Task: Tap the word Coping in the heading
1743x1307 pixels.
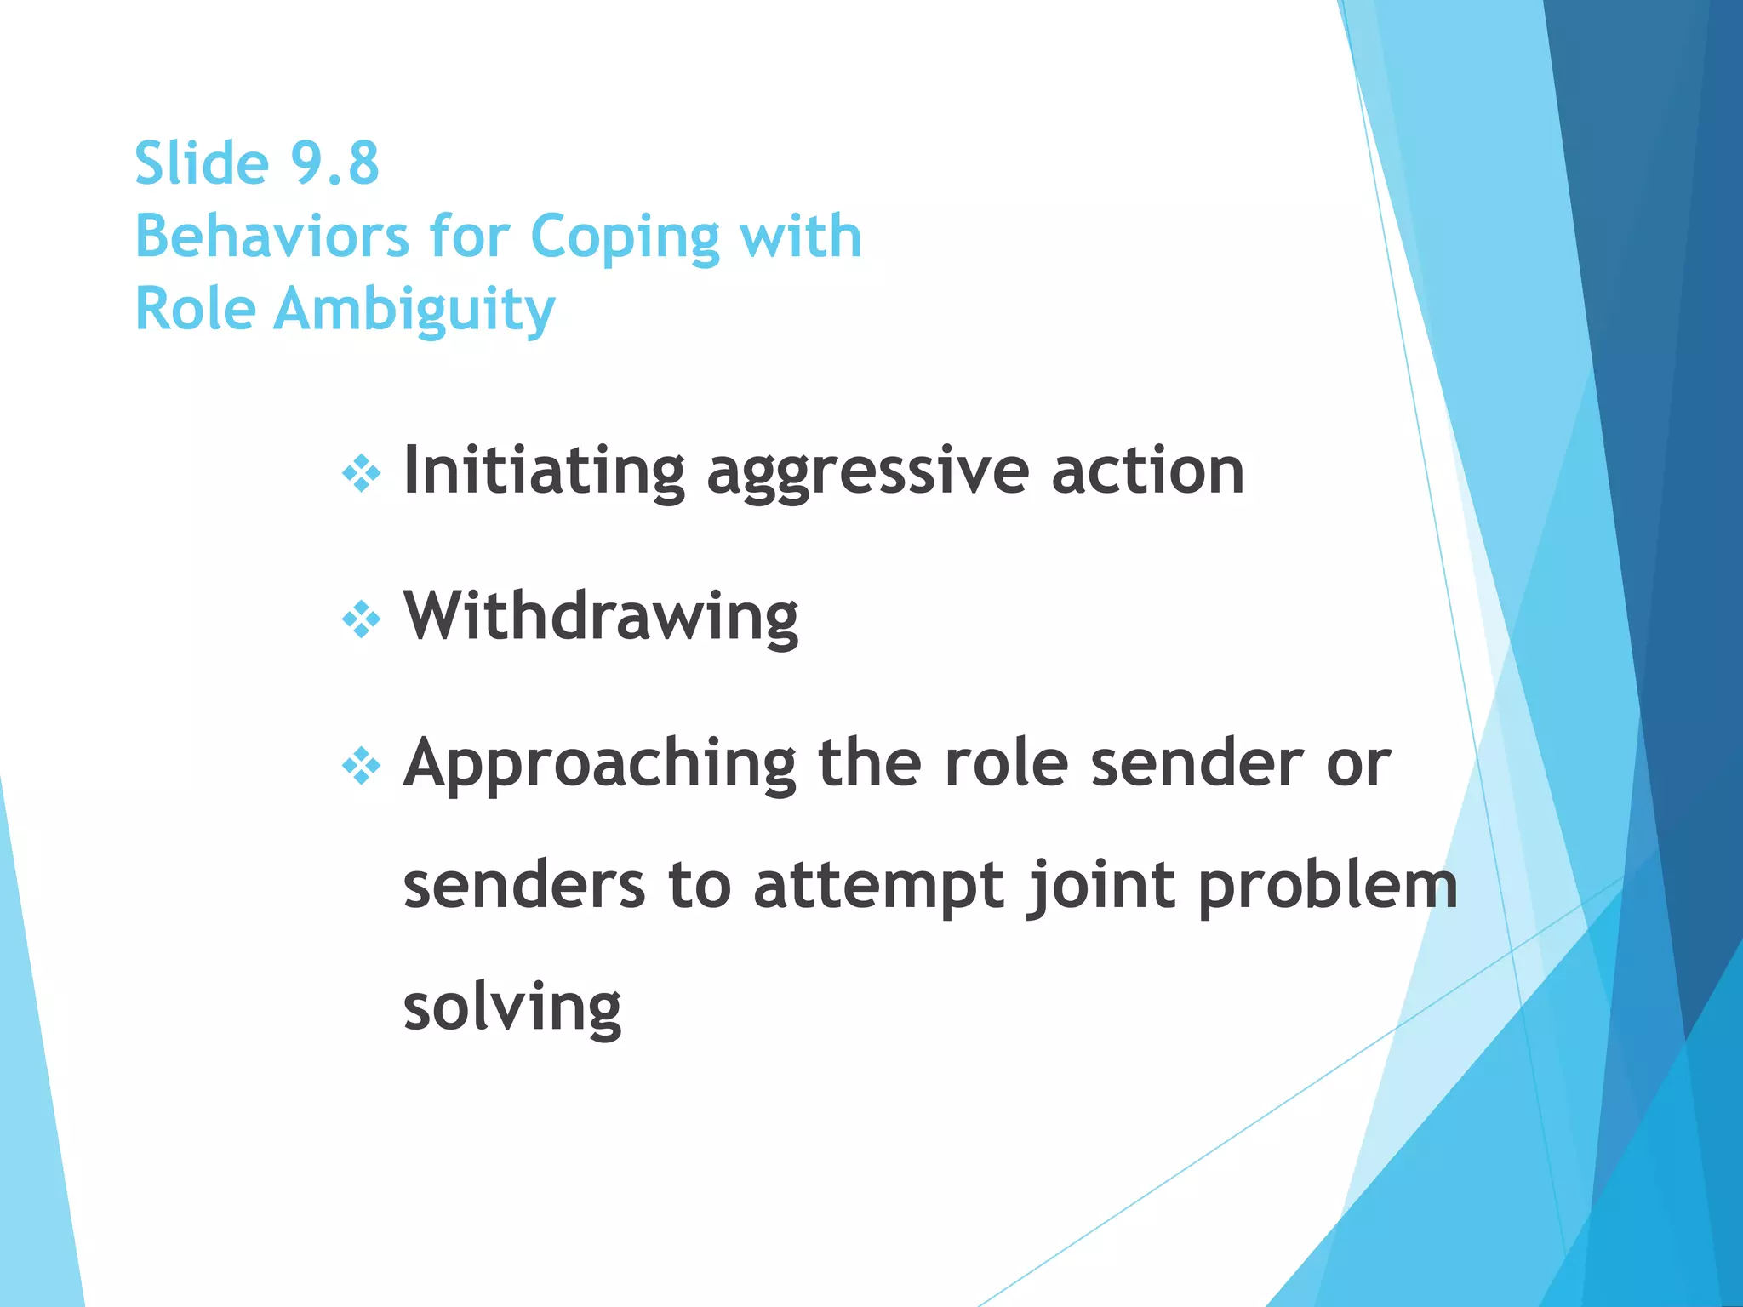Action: (624, 238)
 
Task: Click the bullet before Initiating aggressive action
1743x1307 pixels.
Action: (361, 473)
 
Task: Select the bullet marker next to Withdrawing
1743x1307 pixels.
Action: (361, 619)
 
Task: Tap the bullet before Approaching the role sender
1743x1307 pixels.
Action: (361, 766)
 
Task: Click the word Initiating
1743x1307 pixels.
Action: (544, 471)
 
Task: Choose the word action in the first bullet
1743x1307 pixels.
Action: (1147, 471)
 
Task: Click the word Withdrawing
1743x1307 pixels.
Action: (601, 617)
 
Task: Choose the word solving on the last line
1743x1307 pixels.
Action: (512, 1009)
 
